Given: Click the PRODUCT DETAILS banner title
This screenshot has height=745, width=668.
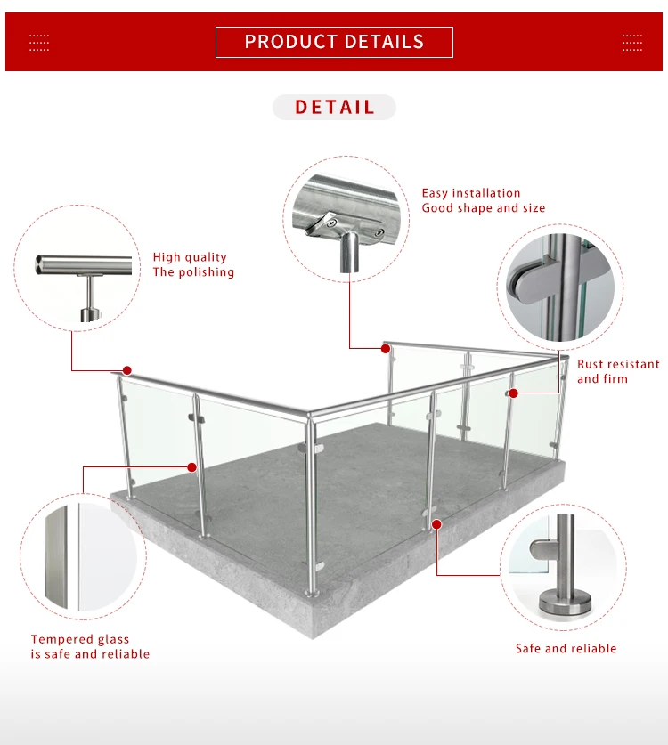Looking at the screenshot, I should click(334, 42).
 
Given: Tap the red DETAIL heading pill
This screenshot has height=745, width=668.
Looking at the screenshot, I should click(334, 108).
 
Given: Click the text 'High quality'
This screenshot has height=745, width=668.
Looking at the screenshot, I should click(190, 257).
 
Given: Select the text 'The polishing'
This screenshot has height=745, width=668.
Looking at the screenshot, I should click(193, 272).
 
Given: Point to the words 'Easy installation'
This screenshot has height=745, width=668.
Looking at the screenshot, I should click(471, 193).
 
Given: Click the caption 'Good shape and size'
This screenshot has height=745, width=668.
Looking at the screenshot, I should click(484, 208).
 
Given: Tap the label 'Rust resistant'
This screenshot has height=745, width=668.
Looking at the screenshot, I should click(618, 364).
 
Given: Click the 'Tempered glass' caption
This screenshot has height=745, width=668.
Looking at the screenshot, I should click(80, 639).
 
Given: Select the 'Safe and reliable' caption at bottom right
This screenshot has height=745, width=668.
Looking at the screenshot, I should click(566, 649).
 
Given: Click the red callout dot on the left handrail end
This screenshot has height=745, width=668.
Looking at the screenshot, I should click(127, 370).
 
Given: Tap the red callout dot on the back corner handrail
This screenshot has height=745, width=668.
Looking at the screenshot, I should click(387, 347).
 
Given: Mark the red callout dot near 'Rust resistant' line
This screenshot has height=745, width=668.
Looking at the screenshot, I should click(513, 393).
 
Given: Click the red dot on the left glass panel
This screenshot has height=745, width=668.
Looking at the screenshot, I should click(192, 466).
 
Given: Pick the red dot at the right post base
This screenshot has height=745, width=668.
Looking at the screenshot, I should click(436, 524).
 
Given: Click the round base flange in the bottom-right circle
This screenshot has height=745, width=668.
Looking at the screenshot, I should click(565, 606).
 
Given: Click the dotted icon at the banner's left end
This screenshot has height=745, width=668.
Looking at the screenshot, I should click(39, 42).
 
